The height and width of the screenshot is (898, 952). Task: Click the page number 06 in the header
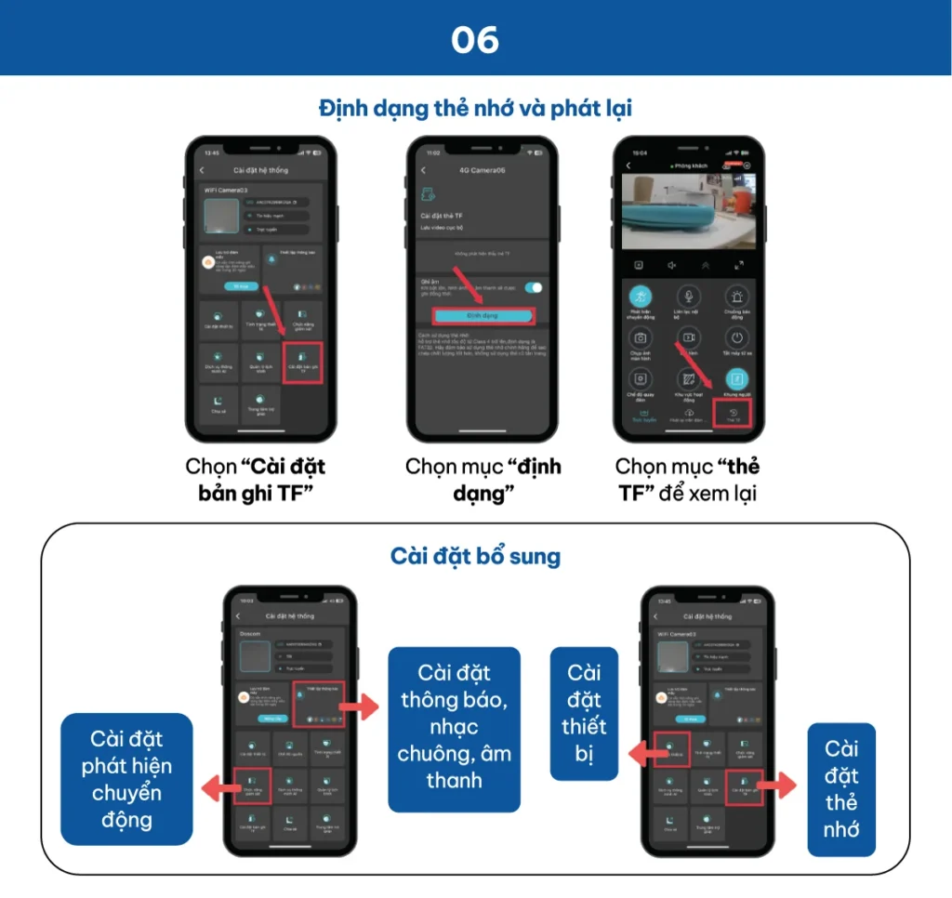pos(475,39)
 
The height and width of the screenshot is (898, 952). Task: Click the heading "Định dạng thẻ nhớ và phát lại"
pos(475,108)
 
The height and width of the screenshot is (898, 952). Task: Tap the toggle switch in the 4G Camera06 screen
pos(534,288)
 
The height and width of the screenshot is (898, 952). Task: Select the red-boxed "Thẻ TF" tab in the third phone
pos(734,415)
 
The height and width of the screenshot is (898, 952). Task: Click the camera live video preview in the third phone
pos(688,211)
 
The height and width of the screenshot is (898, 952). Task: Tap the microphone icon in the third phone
pos(688,296)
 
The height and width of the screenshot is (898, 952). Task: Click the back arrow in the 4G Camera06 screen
pos(424,170)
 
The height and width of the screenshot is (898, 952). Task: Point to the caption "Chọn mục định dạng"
pos(483,480)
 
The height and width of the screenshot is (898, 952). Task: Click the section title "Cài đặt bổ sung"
pos(475,557)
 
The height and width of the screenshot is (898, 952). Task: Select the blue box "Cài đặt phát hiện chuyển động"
pos(126,779)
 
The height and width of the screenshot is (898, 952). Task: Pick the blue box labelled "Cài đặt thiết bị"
pos(584,712)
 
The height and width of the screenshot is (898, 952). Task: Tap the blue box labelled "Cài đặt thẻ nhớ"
pos(841,788)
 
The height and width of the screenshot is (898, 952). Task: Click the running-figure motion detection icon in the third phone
pos(640,296)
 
